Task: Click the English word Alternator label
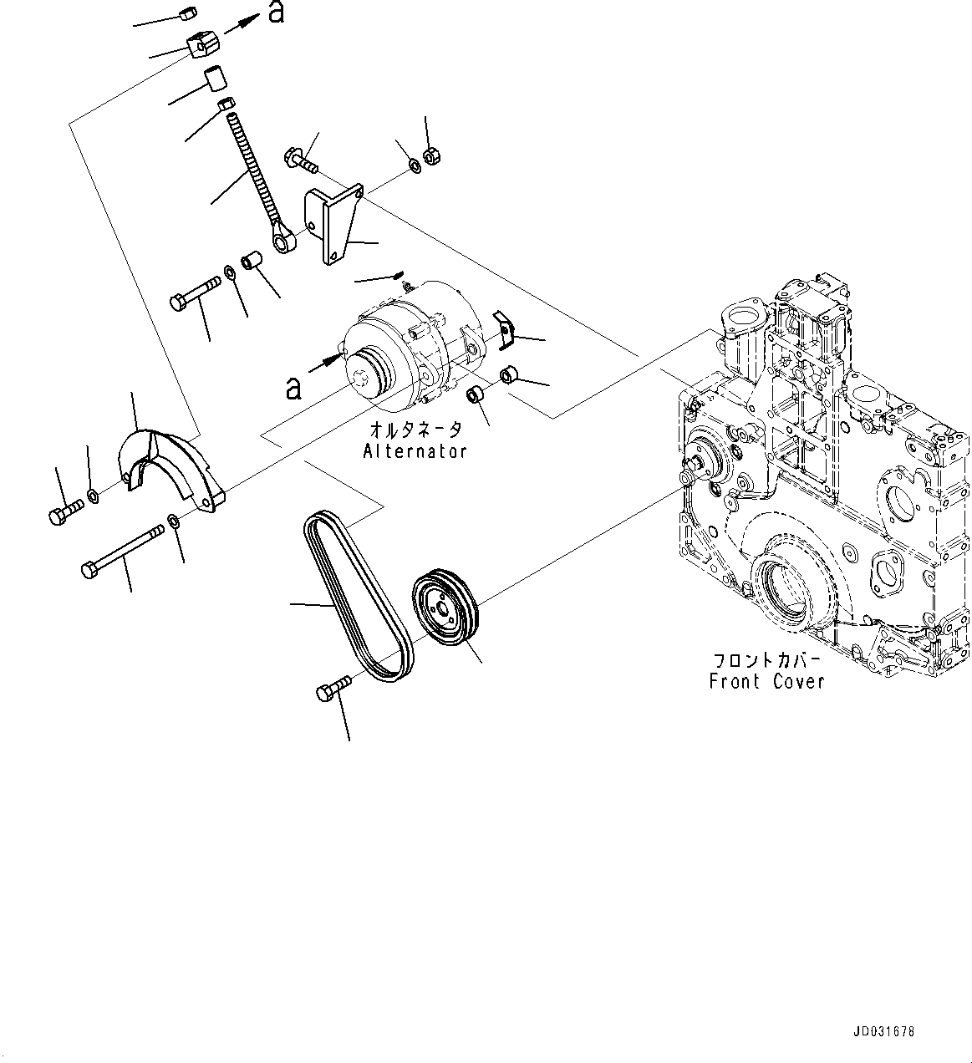415,451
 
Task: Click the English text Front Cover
766,681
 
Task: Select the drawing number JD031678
884,1031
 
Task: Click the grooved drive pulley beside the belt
445,608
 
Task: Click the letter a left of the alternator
292,387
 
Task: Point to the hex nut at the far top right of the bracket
432,155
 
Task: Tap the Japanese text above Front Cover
766,659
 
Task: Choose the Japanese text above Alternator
415,430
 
